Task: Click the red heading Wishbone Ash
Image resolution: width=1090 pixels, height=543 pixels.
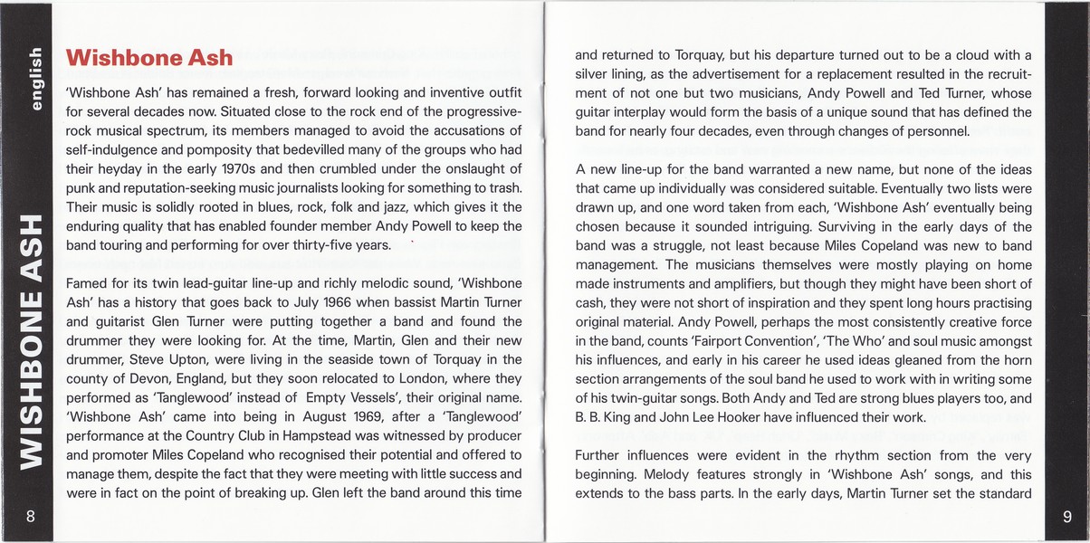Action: tap(149, 59)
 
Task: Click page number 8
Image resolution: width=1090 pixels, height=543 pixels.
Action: tap(31, 517)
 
